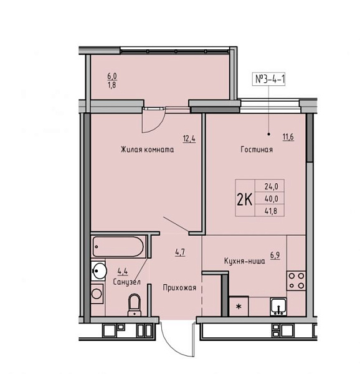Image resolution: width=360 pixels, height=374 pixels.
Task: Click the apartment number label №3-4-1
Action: click(x=270, y=79)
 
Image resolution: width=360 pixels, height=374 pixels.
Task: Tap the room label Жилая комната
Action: click(x=147, y=150)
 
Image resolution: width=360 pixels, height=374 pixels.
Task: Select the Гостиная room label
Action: click(x=257, y=150)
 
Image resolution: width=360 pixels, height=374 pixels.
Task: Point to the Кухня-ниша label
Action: click(x=244, y=261)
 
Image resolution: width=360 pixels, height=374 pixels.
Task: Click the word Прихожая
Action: click(x=179, y=287)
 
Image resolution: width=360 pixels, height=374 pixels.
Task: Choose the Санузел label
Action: click(x=127, y=282)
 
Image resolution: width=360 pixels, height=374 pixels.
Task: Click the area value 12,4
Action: click(x=189, y=138)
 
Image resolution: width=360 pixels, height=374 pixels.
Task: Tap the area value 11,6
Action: click(x=288, y=137)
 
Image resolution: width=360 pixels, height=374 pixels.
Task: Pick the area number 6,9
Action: click(x=275, y=255)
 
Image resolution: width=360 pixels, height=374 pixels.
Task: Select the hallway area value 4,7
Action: click(x=180, y=252)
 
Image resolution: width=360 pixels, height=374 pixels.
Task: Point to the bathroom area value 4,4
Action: click(x=123, y=271)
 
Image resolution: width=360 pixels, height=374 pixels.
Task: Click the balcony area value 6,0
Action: click(x=112, y=76)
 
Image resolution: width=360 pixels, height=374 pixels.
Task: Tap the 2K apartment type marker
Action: click(x=244, y=199)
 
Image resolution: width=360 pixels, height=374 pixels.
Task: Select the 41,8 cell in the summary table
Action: click(x=271, y=211)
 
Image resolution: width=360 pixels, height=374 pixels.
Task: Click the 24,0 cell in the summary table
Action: click(x=272, y=186)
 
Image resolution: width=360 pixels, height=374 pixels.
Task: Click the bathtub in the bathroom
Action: click(x=118, y=247)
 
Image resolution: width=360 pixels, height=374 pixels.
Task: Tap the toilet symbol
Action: click(x=135, y=305)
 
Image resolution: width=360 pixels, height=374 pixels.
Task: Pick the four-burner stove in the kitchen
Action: click(x=296, y=280)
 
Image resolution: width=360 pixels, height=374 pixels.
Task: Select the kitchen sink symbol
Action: click(x=278, y=307)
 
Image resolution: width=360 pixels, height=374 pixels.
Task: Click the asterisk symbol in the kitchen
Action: click(x=239, y=307)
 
